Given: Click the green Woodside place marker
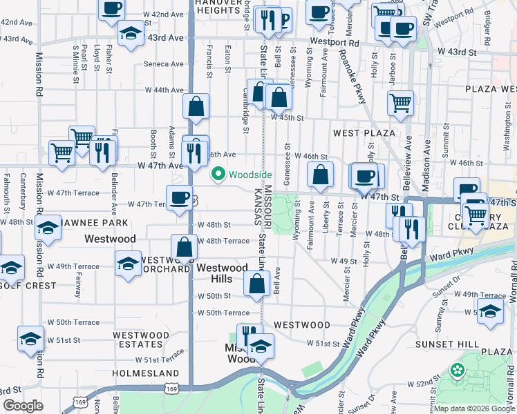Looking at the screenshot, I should click(x=219, y=175).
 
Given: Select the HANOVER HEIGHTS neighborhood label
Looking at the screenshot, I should click(x=207, y=6).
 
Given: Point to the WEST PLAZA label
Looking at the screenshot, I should click(x=364, y=132).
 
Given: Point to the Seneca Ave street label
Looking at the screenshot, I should click(x=164, y=64).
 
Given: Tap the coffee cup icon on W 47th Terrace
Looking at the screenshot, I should click(x=180, y=197).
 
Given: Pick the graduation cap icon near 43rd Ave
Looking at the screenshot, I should click(x=130, y=32).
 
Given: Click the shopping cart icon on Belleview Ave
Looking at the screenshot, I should click(x=401, y=103).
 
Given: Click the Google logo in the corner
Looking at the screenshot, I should click(x=23, y=406).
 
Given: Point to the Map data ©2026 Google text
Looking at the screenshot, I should click(x=475, y=408).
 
